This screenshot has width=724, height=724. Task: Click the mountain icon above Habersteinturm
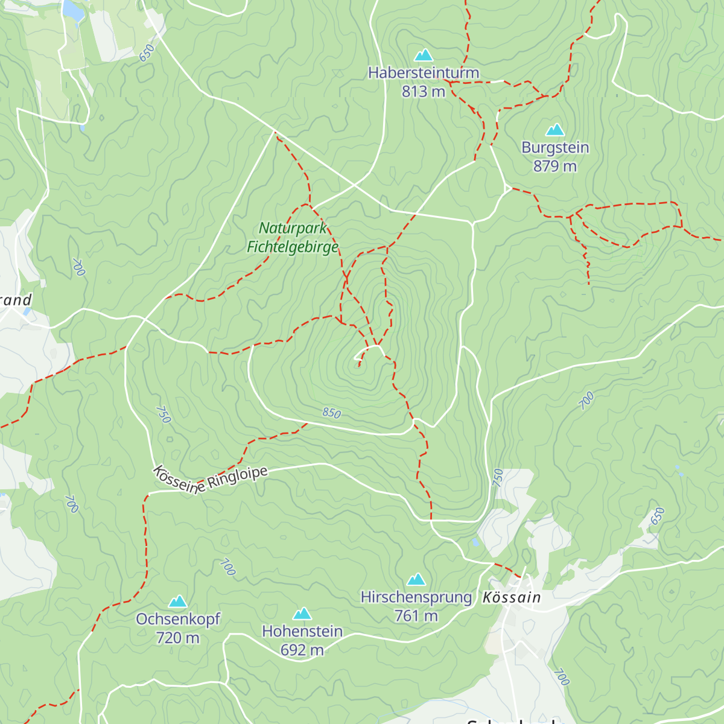(x=424, y=56)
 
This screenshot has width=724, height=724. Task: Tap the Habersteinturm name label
(x=424, y=73)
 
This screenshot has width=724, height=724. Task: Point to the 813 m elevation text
(x=424, y=92)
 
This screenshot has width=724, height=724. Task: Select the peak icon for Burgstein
(x=554, y=130)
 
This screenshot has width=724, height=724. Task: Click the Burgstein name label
(x=555, y=148)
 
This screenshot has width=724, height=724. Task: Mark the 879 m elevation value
(x=555, y=166)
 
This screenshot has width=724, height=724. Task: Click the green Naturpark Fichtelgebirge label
(x=293, y=237)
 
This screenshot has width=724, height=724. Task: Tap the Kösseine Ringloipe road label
(x=210, y=480)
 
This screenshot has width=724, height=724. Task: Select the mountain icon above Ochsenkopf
(x=177, y=602)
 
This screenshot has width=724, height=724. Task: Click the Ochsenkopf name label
(x=178, y=620)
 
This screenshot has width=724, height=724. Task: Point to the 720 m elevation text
(x=177, y=638)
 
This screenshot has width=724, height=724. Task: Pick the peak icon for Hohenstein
(x=302, y=614)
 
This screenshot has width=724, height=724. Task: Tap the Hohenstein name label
(x=302, y=632)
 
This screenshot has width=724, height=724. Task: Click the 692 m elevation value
(x=302, y=650)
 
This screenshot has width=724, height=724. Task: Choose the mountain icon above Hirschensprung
(x=416, y=580)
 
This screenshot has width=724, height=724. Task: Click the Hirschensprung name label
(x=416, y=597)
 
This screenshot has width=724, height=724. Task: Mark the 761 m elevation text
(x=416, y=616)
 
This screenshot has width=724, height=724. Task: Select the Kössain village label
(x=512, y=597)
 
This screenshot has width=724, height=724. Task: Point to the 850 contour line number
(x=331, y=413)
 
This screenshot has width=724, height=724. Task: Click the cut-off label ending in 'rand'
(x=16, y=300)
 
